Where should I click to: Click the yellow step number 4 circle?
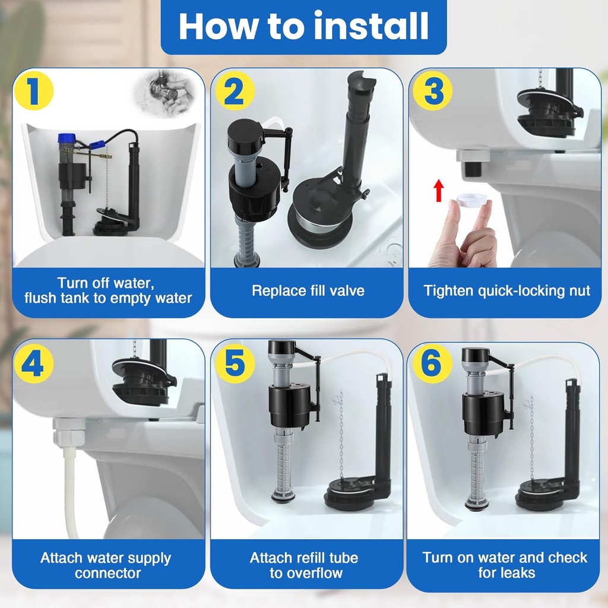[x=34, y=363]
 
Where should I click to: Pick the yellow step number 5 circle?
[x=234, y=363]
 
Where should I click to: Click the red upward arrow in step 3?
[x=439, y=191]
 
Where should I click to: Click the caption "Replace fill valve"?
[x=308, y=291]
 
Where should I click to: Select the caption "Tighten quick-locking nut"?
[x=506, y=291]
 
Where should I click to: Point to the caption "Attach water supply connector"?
[x=106, y=565]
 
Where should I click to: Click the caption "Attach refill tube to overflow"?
[x=304, y=565]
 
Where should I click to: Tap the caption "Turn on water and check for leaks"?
[x=505, y=565]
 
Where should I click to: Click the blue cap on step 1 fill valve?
[x=66, y=141]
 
